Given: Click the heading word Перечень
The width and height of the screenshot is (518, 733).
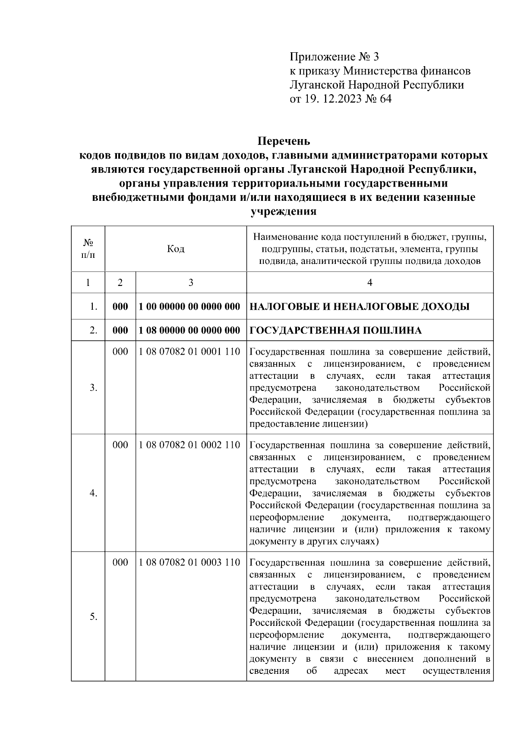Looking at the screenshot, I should click(x=284, y=141).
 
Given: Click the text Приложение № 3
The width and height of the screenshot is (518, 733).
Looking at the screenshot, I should click(x=334, y=57).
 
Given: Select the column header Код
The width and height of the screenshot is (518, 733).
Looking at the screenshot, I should click(x=175, y=249).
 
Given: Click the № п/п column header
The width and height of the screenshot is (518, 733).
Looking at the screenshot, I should click(x=88, y=249).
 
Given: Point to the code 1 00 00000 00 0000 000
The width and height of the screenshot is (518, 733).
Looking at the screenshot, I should click(x=189, y=307).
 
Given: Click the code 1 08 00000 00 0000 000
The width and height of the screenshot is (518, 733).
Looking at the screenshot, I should click(x=189, y=330).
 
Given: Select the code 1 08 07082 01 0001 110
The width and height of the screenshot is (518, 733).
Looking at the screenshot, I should click(x=189, y=352).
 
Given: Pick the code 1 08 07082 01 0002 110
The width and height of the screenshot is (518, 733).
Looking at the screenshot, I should click(x=189, y=445).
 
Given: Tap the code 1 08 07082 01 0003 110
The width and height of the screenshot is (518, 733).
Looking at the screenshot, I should click(x=189, y=562).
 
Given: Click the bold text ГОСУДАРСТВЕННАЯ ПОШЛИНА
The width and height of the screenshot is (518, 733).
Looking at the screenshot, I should click(x=335, y=331).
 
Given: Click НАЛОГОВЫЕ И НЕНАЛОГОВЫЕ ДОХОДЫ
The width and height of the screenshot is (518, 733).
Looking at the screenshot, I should click(x=360, y=307).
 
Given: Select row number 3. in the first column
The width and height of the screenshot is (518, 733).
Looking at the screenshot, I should click(x=93, y=387).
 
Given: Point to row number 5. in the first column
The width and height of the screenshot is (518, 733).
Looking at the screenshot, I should click(x=93, y=617).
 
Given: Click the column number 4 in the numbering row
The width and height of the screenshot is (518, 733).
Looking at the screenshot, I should click(x=370, y=282).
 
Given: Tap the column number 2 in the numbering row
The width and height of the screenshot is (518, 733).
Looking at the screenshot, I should click(x=120, y=282).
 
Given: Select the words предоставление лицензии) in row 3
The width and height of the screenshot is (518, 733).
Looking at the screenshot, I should click(x=308, y=424).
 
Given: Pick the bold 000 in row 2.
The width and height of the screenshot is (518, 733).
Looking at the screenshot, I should click(x=120, y=330).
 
